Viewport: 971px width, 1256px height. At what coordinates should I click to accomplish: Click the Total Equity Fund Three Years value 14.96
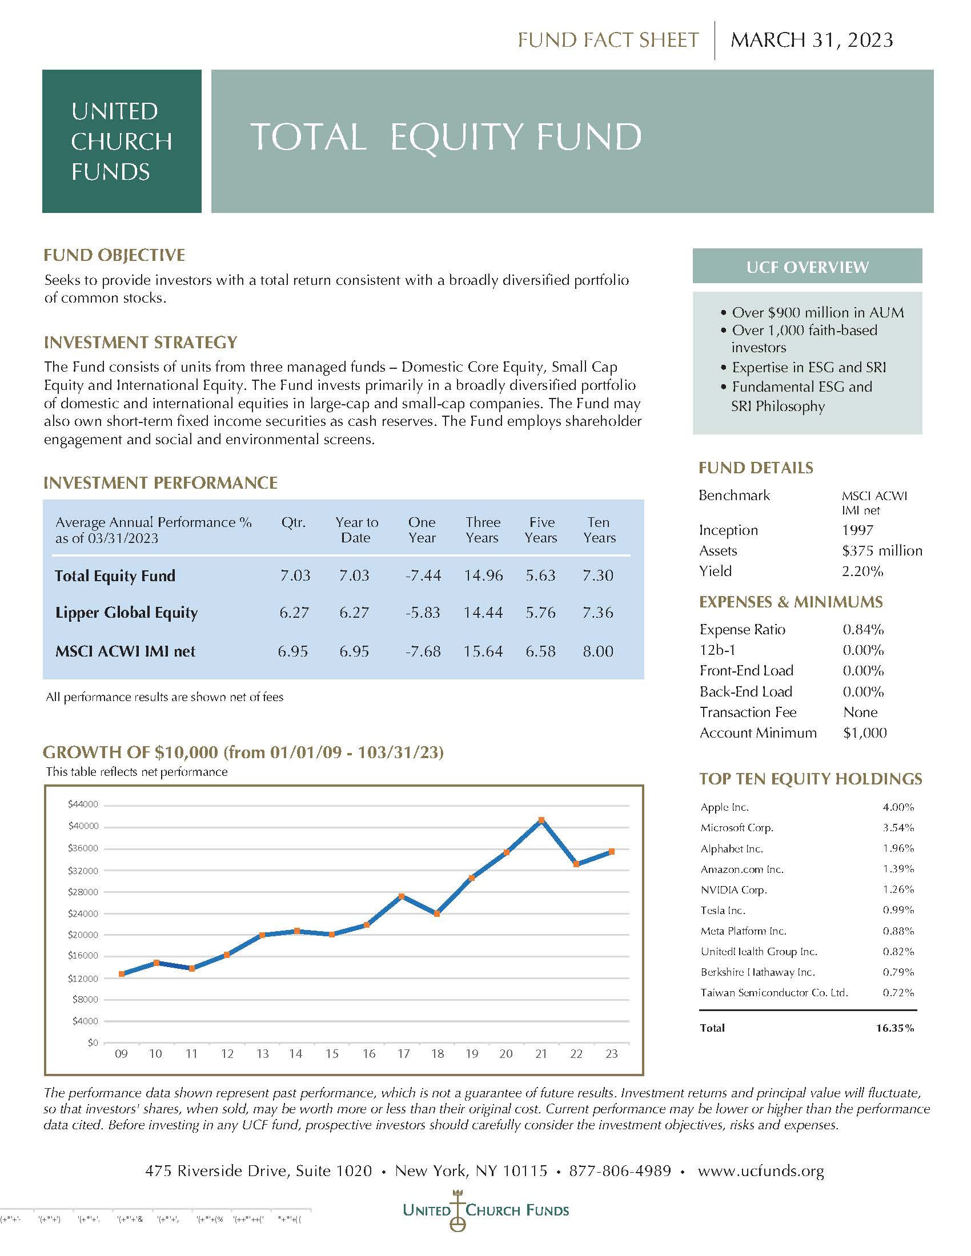coord(483,575)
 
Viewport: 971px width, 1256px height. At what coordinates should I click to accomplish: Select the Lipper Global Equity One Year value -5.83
coord(422,613)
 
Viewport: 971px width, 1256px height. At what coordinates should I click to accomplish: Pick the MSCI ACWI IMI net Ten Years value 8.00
coord(597,651)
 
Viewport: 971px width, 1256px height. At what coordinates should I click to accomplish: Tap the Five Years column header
coord(541,530)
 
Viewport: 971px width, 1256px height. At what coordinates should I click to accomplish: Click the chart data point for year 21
coord(541,820)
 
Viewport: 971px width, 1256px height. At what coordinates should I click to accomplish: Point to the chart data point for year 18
coord(437,913)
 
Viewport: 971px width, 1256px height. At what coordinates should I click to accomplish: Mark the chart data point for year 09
coord(121,973)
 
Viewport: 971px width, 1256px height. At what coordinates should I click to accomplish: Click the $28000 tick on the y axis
coord(83,892)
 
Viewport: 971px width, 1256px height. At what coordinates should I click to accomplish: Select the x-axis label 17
coord(403,1053)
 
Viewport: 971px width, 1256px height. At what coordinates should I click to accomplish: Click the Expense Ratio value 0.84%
coord(863,630)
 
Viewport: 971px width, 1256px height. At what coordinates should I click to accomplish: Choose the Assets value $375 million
coord(881,551)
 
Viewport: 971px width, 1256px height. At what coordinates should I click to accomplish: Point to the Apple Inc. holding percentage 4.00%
coord(898,807)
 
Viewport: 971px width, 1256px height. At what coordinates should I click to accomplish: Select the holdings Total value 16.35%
coord(894,1028)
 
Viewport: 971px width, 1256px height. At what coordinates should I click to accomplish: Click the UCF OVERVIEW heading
coord(807,267)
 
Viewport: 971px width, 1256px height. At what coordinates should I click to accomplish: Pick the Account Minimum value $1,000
coord(865,733)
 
